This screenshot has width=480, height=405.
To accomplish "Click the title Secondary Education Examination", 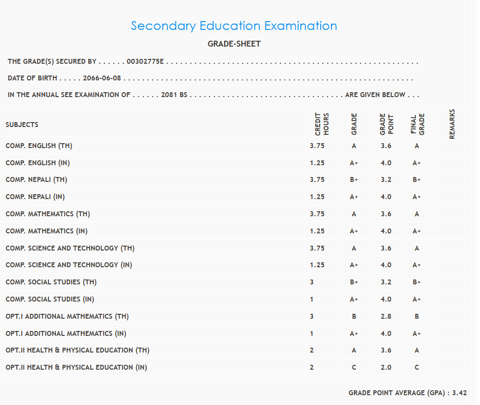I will coord(234,26).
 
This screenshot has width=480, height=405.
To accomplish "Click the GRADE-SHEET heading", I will coord(234,44).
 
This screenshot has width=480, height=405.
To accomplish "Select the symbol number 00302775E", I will coord(145,62).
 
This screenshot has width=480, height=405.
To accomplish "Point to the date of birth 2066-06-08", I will coord(102,78).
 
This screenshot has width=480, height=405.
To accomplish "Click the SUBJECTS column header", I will coord(22,125).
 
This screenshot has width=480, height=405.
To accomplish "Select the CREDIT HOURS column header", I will coord(322,125).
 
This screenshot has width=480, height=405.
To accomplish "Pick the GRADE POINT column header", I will coord(386,125).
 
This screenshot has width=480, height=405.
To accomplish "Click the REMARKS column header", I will coord(452,124).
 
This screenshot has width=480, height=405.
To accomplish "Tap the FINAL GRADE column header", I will coord(417,125).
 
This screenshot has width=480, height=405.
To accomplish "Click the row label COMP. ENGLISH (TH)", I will coord(39,146).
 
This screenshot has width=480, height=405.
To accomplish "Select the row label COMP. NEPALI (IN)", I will coord(35,197).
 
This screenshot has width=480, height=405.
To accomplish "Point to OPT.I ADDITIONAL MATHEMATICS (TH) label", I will coord(67,316).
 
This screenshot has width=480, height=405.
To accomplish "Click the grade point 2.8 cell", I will coord(386,316).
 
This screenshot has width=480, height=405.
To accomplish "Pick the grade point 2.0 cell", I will coord(386,367).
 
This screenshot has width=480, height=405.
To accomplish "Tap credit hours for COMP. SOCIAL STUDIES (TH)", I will coord(312,282).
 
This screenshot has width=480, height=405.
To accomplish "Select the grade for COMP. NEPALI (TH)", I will coord(354,179).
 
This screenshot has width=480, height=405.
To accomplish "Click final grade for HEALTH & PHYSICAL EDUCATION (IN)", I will coord(417,367).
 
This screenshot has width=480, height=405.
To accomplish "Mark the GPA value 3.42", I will coord(459,393).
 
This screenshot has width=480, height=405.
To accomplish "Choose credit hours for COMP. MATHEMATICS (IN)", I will coord(317,231).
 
